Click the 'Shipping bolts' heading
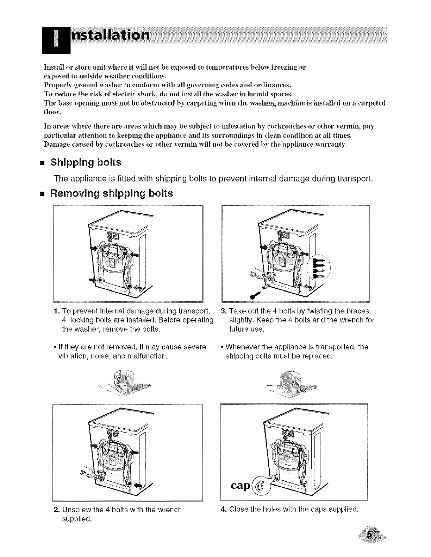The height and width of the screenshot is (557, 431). point(86,163)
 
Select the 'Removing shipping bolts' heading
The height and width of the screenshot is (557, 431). point(112,193)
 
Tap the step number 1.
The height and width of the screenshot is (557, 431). point(57,311)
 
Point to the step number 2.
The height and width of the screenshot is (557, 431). point(57,509)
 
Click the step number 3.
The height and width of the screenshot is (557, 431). point(223,311)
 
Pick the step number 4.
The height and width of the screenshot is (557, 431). point(223,509)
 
